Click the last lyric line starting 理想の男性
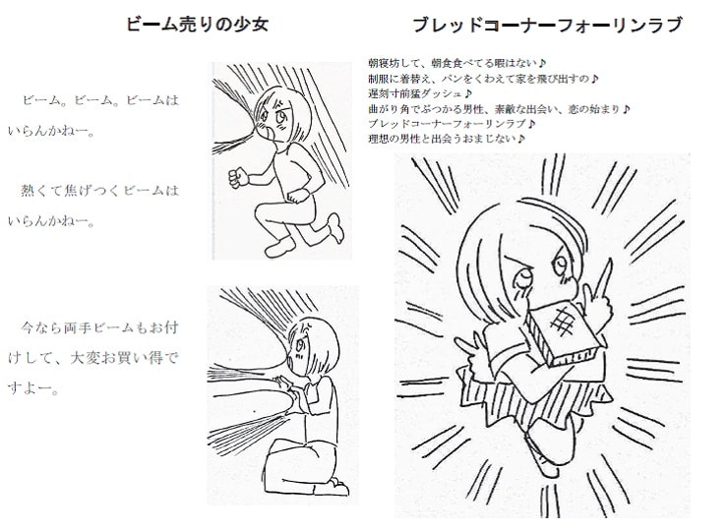point(445,140)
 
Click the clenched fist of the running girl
point(233,179)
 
